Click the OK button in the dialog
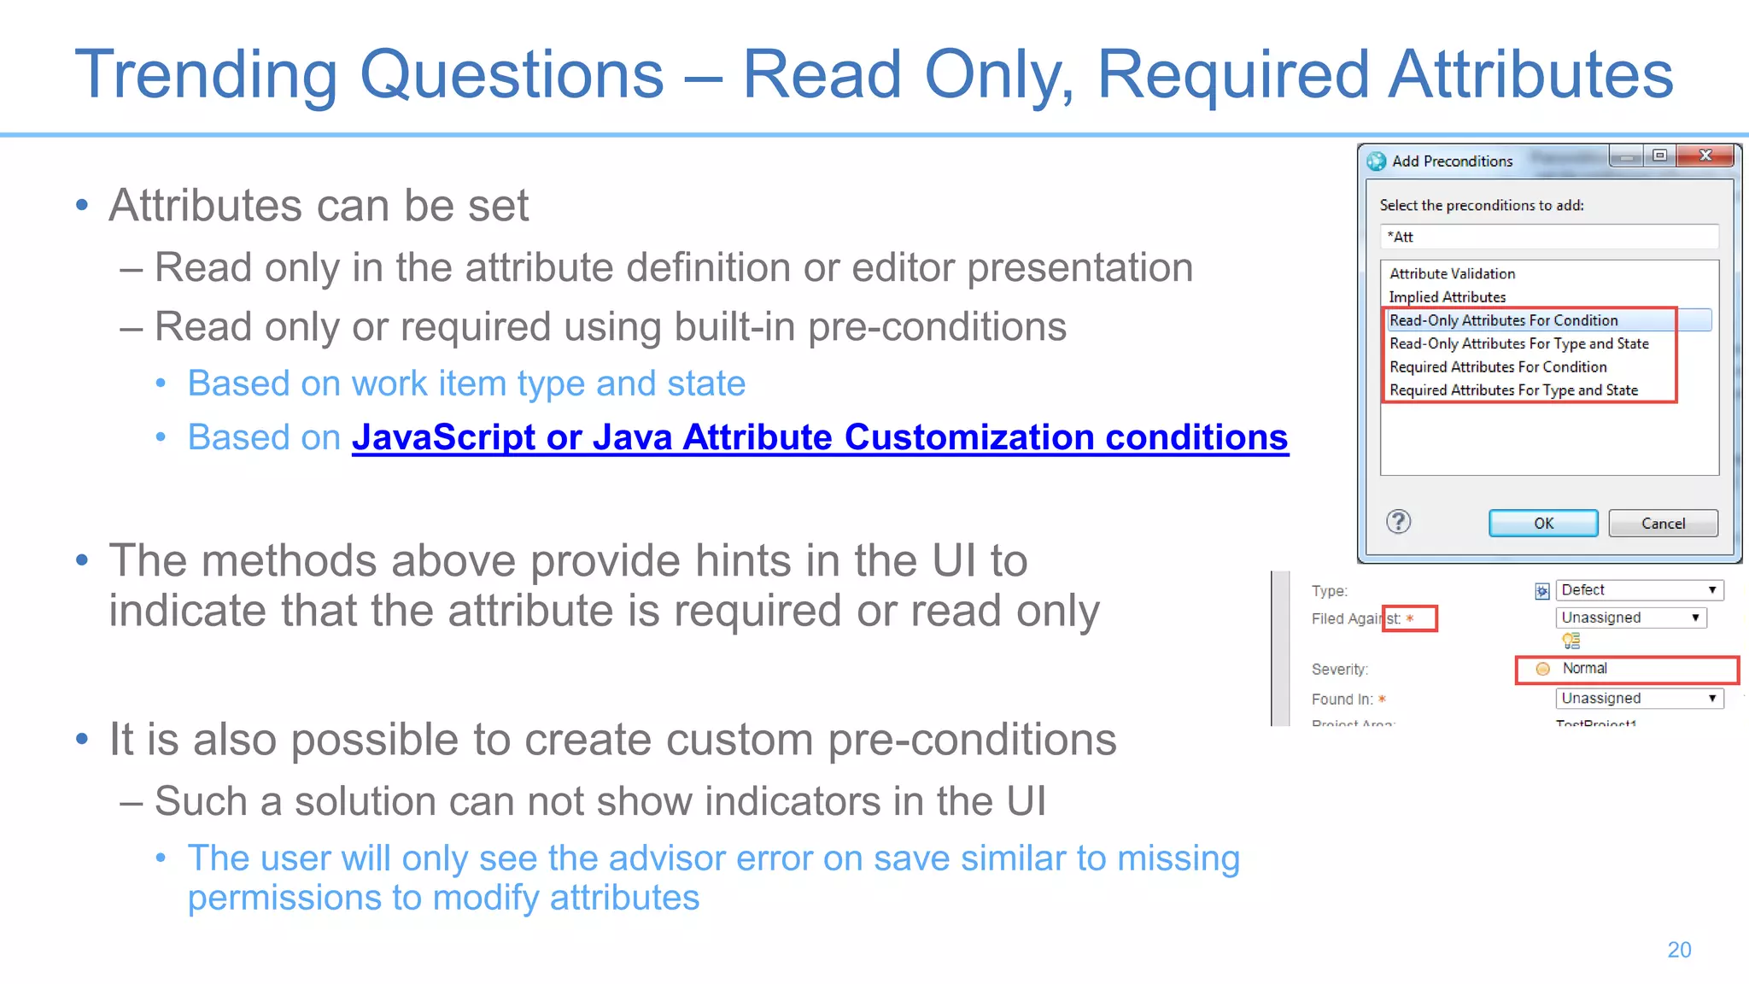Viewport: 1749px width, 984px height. [x=1542, y=523]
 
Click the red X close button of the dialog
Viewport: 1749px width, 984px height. [x=1705, y=155]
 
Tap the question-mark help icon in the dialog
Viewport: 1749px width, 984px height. [x=1398, y=522]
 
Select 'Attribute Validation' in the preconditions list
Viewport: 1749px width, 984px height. [x=1452, y=273]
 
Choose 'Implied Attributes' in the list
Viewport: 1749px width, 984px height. [x=1447, y=296]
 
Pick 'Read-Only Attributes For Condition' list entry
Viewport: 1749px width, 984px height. [x=1503, y=320]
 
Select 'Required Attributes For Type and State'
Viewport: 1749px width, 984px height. [x=1513, y=390]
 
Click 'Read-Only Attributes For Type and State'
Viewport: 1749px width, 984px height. [x=1518, y=343]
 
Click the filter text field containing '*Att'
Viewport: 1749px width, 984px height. [x=1547, y=237]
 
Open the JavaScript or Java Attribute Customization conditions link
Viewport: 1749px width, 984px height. [x=819, y=437]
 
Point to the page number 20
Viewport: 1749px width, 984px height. [x=1679, y=950]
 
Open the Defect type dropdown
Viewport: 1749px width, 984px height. [x=1638, y=590]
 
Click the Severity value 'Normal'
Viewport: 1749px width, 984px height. [x=1584, y=669]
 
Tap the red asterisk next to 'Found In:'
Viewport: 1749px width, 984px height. [x=1382, y=699]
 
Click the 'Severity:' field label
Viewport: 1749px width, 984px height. [x=1339, y=670]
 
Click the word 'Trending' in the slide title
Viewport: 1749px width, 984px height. [x=206, y=74]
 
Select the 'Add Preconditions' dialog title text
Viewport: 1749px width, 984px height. [x=1452, y=161]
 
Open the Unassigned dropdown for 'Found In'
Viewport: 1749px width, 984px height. [x=1638, y=699]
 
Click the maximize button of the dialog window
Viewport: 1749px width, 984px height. [x=1659, y=155]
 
